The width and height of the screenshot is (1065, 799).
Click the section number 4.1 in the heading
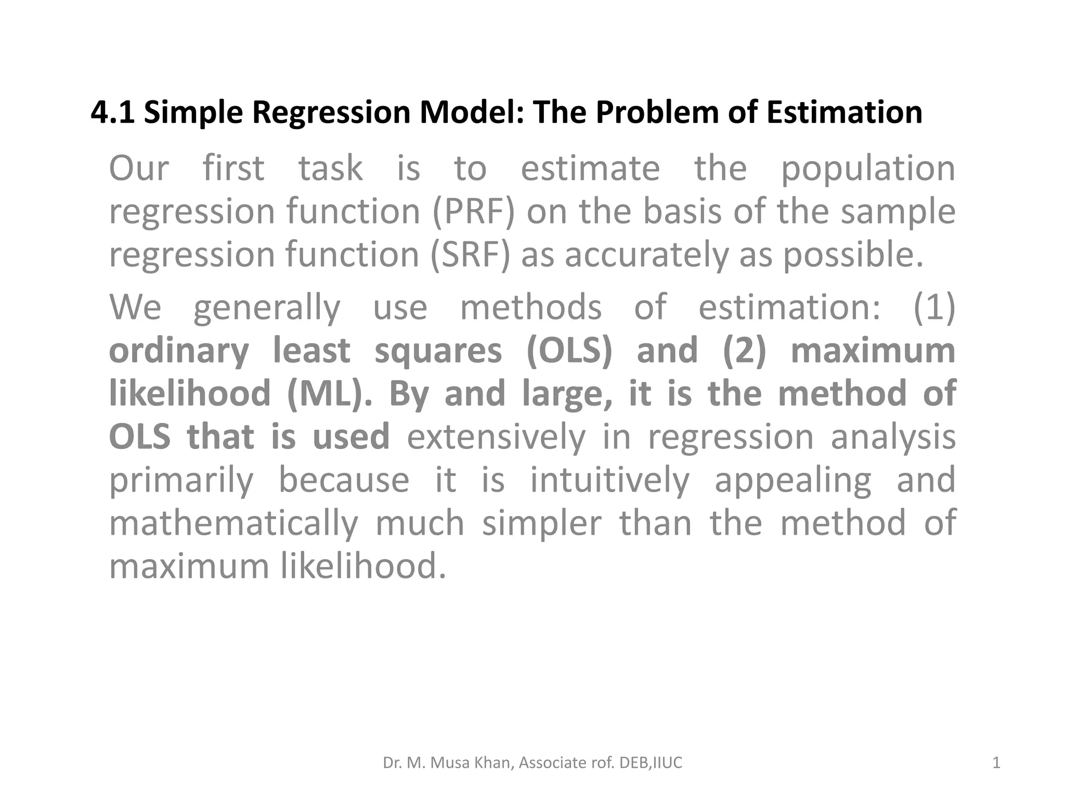pyautogui.click(x=112, y=112)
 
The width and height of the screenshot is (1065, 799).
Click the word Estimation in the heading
pyautogui.click(x=844, y=112)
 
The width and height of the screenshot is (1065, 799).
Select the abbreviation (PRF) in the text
pyautogui.click(x=473, y=212)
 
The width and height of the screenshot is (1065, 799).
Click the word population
pyautogui.click(x=868, y=169)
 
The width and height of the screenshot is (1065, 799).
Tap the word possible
pyautogui.click(x=853, y=255)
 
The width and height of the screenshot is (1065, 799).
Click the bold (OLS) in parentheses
pyautogui.click(x=569, y=350)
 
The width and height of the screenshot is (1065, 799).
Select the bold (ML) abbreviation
pyautogui.click(x=329, y=393)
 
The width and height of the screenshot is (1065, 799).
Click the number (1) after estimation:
pyautogui.click(x=934, y=307)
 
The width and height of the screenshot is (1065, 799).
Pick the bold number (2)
pyautogui.click(x=744, y=350)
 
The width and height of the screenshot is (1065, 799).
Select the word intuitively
pyautogui.click(x=609, y=480)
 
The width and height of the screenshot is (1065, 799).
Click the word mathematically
pyautogui.click(x=233, y=523)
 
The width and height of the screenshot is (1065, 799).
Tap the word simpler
pyautogui.click(x=541, y=523)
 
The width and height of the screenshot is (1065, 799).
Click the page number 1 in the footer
pyautogui.click(x=996, y=763)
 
